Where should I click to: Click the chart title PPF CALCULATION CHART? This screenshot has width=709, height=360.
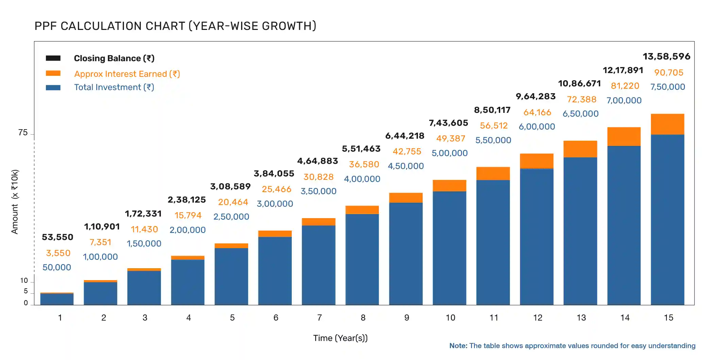tap(175, 26)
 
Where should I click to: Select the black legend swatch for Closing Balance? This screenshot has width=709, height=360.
tap(53, 58)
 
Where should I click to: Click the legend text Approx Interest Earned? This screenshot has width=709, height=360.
tap(127, 74)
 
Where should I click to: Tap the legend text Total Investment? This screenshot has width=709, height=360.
tap(114, 87)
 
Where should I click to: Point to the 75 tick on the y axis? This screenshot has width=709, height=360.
tap(23, 133)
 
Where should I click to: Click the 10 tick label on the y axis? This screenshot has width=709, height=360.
tap(24, 281)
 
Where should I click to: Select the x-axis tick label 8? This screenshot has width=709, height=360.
tap(363, 318)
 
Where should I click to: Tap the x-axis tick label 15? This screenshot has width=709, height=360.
tap(668, 318)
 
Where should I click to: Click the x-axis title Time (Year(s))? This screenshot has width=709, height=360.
tap(340, 338)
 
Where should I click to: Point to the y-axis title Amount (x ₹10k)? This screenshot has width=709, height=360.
tap(15, 202)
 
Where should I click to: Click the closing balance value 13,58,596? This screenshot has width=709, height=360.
tap(666, 56)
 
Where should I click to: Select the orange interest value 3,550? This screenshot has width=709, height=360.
tap(58, 253)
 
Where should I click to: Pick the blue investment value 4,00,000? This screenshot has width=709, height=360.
tap(362, 179)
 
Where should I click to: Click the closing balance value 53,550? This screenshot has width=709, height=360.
tap(57, 237)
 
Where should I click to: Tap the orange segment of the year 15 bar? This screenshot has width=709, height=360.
tap(667, 124)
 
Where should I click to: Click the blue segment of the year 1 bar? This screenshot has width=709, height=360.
tap(57, 299)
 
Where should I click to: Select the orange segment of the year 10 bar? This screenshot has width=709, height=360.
tap(449, 186)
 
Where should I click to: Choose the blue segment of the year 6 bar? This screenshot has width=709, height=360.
tap(275, 270)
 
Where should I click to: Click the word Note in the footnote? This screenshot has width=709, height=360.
tap(458, 346)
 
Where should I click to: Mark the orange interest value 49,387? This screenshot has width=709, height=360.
tap(451, 139)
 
